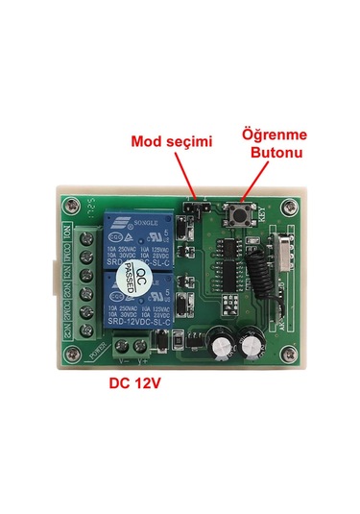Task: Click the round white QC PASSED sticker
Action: click(141, 279)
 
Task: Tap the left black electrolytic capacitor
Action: click(218, 344)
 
